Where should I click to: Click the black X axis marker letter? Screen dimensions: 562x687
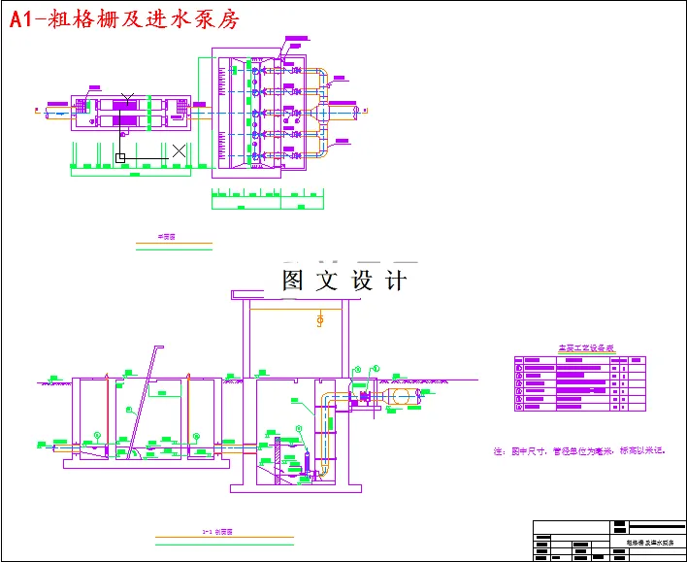click(179, 150)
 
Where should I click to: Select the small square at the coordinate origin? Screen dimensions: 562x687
click(120, 156)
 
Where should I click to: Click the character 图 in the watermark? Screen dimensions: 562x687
click(294, 281)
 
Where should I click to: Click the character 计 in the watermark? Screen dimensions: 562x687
click(396, 281)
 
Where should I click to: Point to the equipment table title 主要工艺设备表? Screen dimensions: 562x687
click(579, 347)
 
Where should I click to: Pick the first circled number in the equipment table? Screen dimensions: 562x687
click(520, 361)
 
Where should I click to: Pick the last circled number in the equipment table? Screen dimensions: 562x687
click(520, 407)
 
